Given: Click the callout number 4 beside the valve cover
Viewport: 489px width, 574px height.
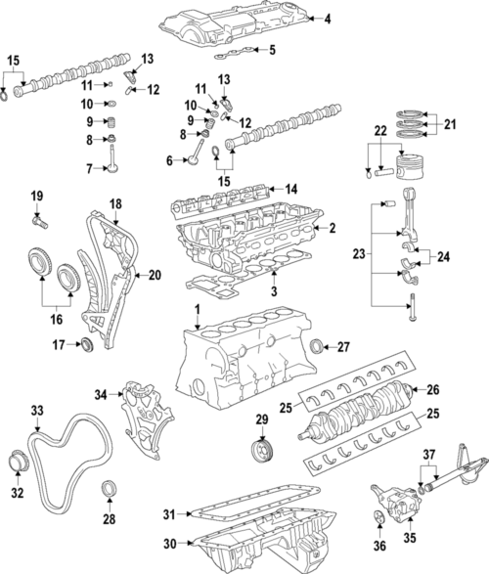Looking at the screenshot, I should (328, 19).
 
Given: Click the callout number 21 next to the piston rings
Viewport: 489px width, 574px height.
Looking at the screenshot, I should (450, 124).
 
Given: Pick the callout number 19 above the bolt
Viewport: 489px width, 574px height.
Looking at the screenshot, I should (37, 199).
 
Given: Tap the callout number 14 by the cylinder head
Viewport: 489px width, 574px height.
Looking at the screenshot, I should (289, 188).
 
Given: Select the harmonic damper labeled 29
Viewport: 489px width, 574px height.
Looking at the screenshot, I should (262, 452).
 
